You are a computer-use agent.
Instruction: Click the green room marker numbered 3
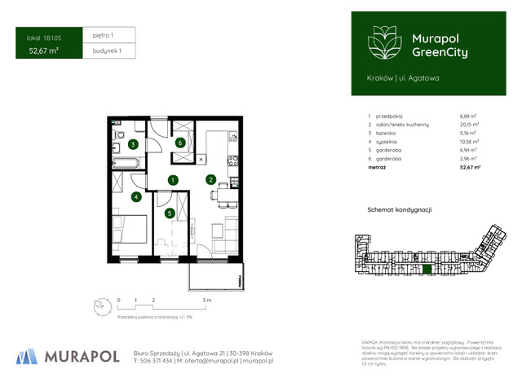(x=132, y=144)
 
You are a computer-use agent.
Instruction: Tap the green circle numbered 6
(x=180, y=142)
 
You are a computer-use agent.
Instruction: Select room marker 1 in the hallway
(x=173, y=180)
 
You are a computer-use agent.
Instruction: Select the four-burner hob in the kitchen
(x=233, y=161)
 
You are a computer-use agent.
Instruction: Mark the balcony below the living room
(x=215, y=276)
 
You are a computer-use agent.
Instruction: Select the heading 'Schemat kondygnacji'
(x=400, y=210)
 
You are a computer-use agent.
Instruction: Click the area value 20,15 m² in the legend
(x=469, y=125)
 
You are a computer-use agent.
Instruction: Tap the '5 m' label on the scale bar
(x=208, y=301)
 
